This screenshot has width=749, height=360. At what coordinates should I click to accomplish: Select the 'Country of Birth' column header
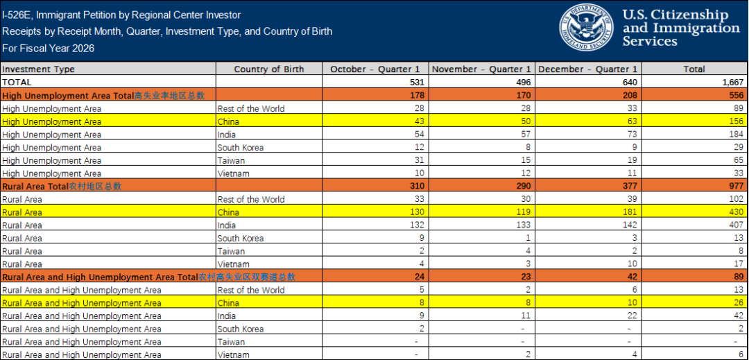pos(269,69)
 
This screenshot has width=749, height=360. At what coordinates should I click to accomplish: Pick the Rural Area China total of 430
pos(736,212)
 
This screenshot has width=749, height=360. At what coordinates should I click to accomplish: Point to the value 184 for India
pos(736,134)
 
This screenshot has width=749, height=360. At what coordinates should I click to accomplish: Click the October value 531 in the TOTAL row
pos(417,82)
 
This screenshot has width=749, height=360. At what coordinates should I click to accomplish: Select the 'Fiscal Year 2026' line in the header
pos(49,49)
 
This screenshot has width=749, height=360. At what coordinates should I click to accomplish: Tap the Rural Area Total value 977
pos(736,186)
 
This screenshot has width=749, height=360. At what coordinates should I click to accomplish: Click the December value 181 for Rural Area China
pos(630,212)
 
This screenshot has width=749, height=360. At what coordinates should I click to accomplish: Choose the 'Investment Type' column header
pos(39,69)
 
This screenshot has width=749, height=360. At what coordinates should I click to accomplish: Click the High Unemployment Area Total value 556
pos(736,95)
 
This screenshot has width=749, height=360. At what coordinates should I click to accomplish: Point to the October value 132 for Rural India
pos(417,225)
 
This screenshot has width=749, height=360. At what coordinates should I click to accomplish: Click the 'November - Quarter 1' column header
pos(481,69)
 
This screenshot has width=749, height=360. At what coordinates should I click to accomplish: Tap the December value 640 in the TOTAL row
pos(630,82)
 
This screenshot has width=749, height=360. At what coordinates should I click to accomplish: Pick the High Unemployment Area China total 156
pos(736,121)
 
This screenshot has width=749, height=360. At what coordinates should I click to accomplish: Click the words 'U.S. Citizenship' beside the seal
pos(676,15)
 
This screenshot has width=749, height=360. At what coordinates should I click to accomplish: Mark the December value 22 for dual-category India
pos(632,316)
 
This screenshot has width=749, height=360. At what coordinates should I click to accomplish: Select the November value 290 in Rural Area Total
pos(524,186)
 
